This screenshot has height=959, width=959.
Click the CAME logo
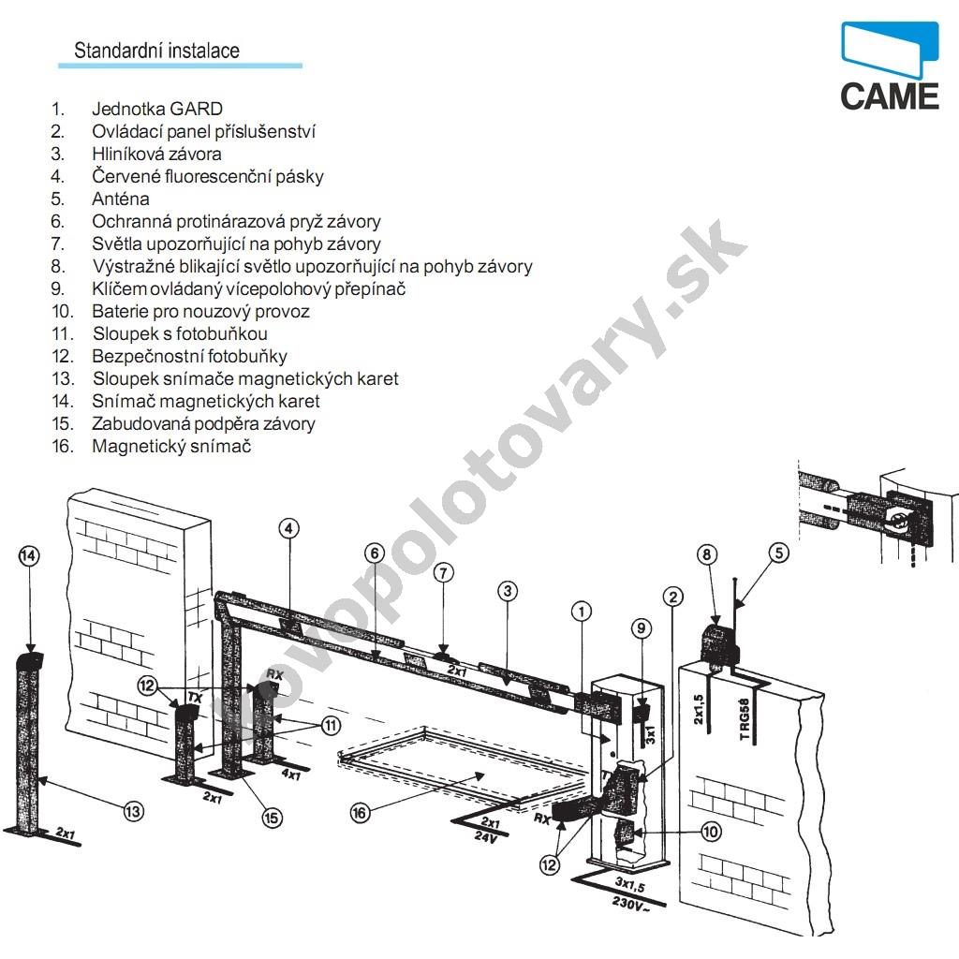click(889, 66)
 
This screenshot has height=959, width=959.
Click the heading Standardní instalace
click(156, 51)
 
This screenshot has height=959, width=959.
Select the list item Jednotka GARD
click(157, 110)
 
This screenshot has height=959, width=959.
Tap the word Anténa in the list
click(120, 199)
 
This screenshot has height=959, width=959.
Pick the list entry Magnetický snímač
click(171, 447)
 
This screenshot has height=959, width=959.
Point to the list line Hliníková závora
click(156, 155)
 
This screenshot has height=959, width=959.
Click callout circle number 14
click(30, 556)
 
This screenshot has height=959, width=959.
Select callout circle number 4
click(289, 528)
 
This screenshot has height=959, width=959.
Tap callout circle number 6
click(375, 553)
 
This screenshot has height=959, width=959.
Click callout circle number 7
click(444, 572)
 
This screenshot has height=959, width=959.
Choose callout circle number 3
click(507, 591)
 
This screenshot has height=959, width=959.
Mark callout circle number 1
click(582, 612)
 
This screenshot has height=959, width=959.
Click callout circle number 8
click(707, 554)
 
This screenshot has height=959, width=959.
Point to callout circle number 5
click(779, 553)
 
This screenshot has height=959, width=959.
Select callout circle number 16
click(361, 813)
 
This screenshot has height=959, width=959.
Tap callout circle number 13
click(134, 811)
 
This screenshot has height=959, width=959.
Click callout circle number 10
click(710, 830)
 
